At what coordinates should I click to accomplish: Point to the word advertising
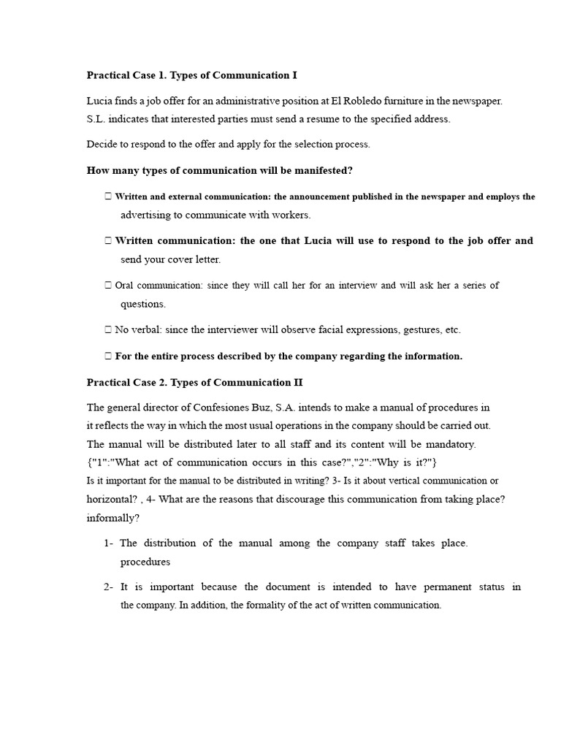pos(147,215)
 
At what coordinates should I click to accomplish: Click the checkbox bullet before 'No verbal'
pos(108,330)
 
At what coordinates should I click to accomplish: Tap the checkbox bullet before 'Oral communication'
pos(108,286)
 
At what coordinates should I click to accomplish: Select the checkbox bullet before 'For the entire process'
pos(108,356)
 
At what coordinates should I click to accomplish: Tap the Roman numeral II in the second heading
pos(297,382)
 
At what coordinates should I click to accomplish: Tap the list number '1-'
pos(109,543)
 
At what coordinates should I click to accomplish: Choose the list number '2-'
pos(109,587)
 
